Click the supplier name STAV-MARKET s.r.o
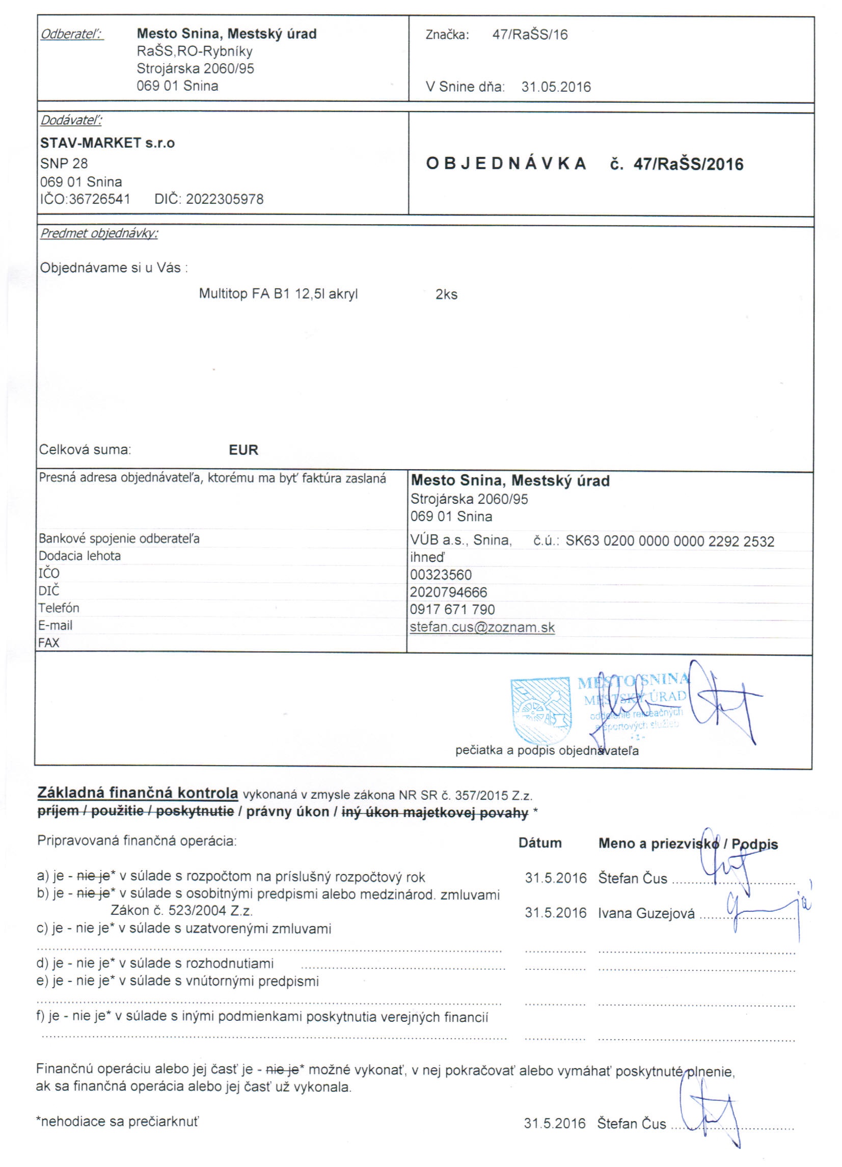(107, 143)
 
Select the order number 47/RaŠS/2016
(688, 164)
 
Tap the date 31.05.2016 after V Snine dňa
(556, 87)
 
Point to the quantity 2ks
(446, 294)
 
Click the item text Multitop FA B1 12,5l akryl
(278, 294)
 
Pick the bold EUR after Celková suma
(243, 450)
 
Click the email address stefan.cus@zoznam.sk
(482, 627)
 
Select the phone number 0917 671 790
(452, 609)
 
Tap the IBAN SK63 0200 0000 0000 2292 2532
(670, 541)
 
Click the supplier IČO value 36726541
(99, 199)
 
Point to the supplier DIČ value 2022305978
(225, 199)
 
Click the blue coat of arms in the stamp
(540, 708)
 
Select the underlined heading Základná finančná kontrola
(138, 793)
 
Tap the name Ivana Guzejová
(646, 913)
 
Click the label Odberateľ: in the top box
(72, 34)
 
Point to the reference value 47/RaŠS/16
(530, 35)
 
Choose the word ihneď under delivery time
(427, 557)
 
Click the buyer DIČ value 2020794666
(448, 592)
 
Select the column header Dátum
(540, 843)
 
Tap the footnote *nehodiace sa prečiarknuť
(117, 1121)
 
